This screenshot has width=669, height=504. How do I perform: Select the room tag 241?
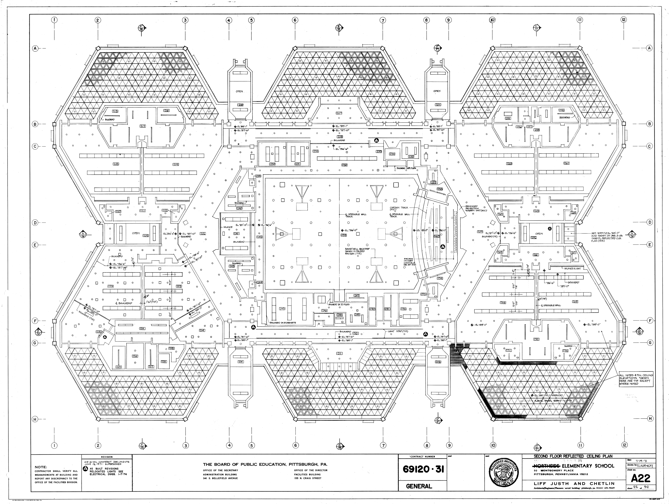[236, 233]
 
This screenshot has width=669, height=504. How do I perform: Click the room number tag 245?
[282, 309]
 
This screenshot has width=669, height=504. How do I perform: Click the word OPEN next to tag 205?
[136, 233]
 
